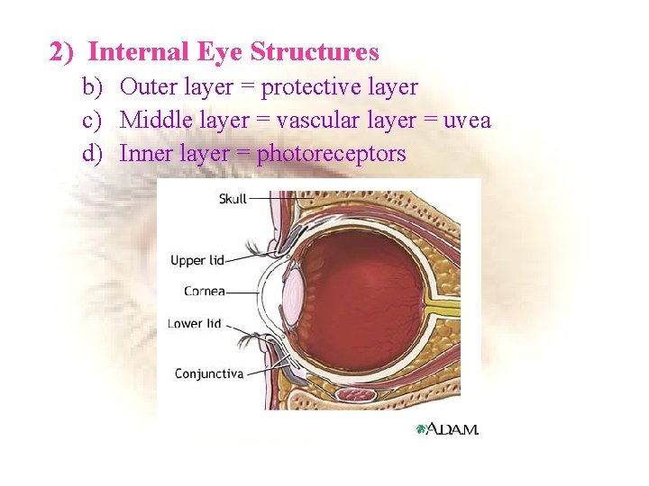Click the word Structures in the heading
pos(315,52)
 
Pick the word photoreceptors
pos(332,154)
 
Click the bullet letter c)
pos(94,120)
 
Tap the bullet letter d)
pos(94,153)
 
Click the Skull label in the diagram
pos(233,198)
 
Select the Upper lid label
pos(197,261)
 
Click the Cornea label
pos(205,292)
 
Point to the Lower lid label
pos(195,323)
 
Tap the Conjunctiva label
pos(208,373)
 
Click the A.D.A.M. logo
pos(448,429)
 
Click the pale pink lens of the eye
pos(294,291)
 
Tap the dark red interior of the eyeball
pos(361,297)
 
